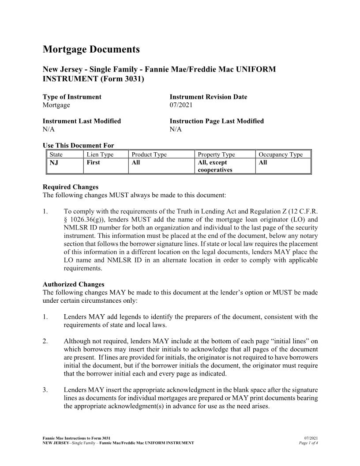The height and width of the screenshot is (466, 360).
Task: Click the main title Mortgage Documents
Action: click(x=91, y=49)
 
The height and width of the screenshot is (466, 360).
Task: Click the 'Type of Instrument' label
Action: click(x=72, y=97)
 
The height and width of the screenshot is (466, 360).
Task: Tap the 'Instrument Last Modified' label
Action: click(x=82, y=121)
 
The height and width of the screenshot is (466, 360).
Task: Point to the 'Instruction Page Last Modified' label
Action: click(x=217, y=121)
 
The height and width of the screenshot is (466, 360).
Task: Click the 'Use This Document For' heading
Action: click(x=78, y=146)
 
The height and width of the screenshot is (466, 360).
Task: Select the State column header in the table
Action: click(x=56, y=154)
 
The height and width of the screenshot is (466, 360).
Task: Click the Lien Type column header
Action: click(x=100, y=154)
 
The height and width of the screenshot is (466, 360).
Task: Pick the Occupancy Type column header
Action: click(x=281, y=154)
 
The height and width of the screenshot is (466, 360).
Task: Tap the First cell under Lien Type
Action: click(x=93, y=162)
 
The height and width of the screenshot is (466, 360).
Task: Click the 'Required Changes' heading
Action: click(x=70, y=187)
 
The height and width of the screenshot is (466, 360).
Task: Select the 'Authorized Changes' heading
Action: click(x=73, y=284)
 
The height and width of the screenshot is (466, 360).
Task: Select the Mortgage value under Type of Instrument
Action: click(x=56, y=105)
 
